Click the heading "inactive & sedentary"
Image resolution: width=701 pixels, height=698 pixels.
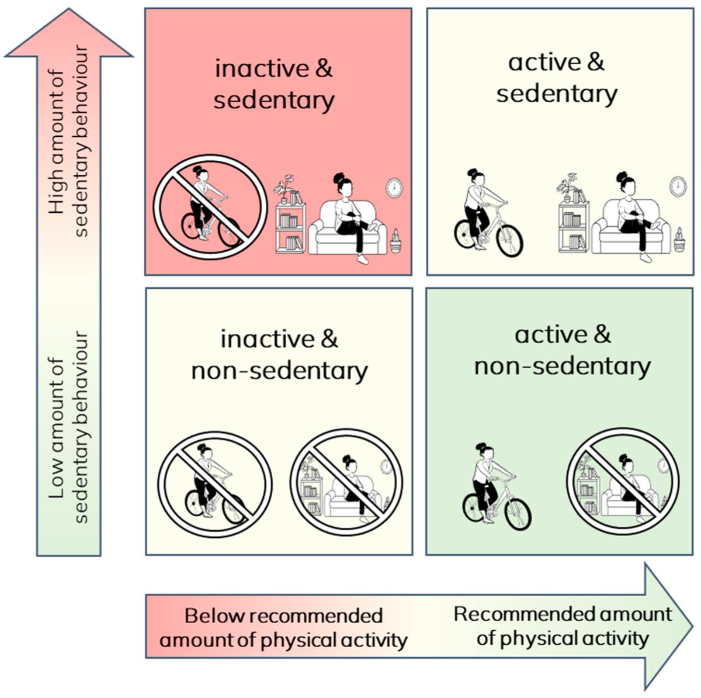pos(274,84)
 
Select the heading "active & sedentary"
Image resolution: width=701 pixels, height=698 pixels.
pos(557,78)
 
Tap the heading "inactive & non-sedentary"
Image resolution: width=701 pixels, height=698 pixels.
pos(279,354)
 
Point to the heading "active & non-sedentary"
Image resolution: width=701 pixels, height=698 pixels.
pos(562,350)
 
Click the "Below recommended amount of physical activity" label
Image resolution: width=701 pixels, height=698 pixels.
pos(283,628)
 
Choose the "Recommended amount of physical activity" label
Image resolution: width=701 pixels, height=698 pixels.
pos(563,626)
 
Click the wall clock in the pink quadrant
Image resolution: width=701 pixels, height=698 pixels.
pos(394,188)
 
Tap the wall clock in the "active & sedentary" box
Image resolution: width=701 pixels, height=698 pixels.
pos(678,186)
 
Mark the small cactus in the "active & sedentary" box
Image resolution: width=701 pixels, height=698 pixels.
pos(679,240)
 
